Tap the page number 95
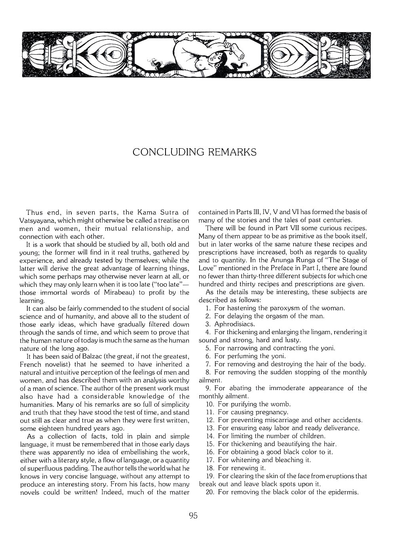[x=193, y=516]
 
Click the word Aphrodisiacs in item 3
[x=234, y=324]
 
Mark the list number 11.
[x=210, y=412]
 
